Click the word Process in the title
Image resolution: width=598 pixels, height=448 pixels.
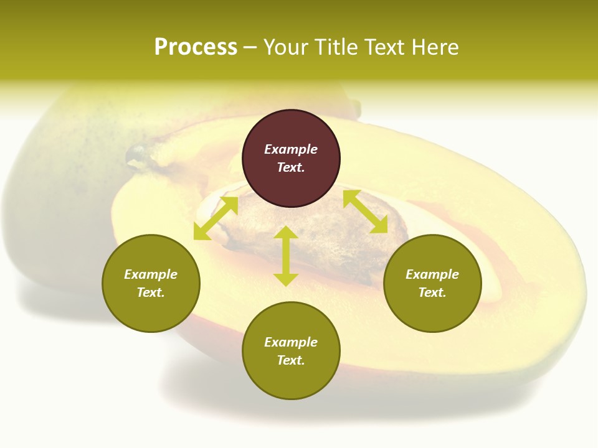(x=196, y=47)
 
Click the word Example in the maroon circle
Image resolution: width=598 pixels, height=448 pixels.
(x=291, y=149)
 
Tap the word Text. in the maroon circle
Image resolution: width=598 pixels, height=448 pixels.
(x=291, y=167)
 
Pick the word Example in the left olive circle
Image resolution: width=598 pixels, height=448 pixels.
(x=151, y=274)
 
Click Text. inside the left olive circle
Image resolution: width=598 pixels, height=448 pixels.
(x=151, y=292)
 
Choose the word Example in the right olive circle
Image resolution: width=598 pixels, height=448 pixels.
(x=432, y=274)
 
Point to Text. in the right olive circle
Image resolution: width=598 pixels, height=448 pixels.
(x=432, y=292)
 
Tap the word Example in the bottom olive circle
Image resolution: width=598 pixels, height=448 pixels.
(x=291, y=342)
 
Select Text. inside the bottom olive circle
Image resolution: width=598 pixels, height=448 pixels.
(x=291, y=360)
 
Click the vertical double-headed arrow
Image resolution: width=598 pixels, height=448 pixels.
(x=286, y=256)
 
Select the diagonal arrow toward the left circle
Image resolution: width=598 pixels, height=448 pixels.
(x=216, y=218)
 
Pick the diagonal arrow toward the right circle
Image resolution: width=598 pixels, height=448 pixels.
(x=365, y=212)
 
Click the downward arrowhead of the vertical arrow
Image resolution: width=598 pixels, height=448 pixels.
(x=286, y=279)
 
